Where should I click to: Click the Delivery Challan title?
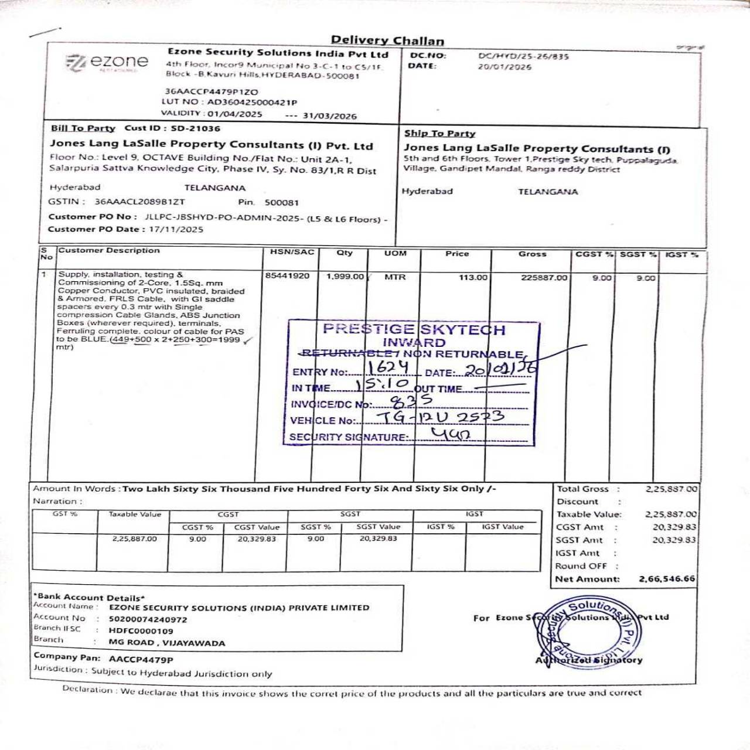click(387, 40)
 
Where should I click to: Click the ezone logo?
click(107, 62)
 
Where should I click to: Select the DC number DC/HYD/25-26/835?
click(523, 56)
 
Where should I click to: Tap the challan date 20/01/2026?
click(504, 67)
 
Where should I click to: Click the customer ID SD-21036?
click(196, 128)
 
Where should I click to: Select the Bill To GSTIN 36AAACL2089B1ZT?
click(139, 202)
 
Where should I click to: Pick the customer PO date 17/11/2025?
click(176, 229)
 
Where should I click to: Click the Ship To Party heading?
click(439, 134)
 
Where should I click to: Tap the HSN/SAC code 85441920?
click(287, 275)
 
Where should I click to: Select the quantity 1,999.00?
click(345, 277)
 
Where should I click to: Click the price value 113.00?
click(473, 277)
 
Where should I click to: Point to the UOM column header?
click(395, 253)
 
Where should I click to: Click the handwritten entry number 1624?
click(388, 367)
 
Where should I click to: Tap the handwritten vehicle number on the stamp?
click(440, 417)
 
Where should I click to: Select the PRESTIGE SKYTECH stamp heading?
click(414, 329)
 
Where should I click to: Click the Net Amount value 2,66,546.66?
click(667, 579)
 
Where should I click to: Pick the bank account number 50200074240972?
click(148, 619)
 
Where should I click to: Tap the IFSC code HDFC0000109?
click(141, 631)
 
